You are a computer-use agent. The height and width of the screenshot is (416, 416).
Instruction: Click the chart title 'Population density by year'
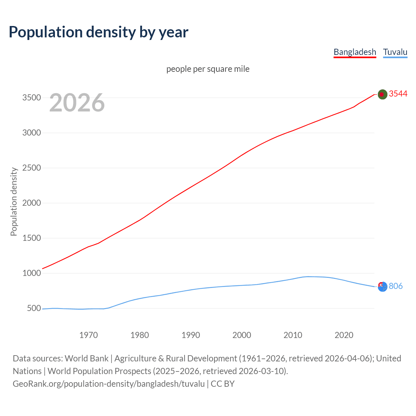click(98, 32)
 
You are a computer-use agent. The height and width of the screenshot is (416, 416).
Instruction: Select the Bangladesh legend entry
click(355, 52)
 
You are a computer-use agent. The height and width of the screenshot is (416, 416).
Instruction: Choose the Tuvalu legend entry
click(395, 52)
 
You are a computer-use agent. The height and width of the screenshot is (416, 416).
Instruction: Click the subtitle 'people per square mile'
click(208, 69)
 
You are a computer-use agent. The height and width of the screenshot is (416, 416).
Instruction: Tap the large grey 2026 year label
click(77, 103)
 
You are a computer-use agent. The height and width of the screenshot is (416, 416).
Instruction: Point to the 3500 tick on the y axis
click(32, 98)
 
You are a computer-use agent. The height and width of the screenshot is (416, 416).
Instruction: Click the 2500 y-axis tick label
click(32, 168)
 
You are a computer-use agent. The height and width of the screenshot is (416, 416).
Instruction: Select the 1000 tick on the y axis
click(32, 273)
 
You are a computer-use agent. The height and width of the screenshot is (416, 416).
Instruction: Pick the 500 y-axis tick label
click(34, 308)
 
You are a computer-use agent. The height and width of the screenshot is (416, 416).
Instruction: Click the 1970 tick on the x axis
click(88, 335)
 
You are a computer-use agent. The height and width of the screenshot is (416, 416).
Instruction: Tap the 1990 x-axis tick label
click(191, 335)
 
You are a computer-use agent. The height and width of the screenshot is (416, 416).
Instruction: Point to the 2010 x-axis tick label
click(293, 335)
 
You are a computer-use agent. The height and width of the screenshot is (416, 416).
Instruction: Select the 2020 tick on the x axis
click(344, 335)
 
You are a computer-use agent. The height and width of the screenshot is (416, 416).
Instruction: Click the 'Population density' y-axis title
click(14, 201)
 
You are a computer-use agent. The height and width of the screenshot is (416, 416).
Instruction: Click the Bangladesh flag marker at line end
click(382, 94)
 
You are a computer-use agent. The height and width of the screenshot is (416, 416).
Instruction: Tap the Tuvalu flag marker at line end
click(383, 287)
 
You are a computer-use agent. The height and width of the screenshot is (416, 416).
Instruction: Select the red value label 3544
click(398, 94)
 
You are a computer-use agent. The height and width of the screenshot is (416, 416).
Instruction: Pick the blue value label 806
click(396, 286)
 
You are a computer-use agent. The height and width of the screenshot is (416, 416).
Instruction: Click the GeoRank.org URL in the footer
click(109, 384)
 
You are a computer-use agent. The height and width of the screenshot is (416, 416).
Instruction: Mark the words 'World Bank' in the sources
click(86, 358)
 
